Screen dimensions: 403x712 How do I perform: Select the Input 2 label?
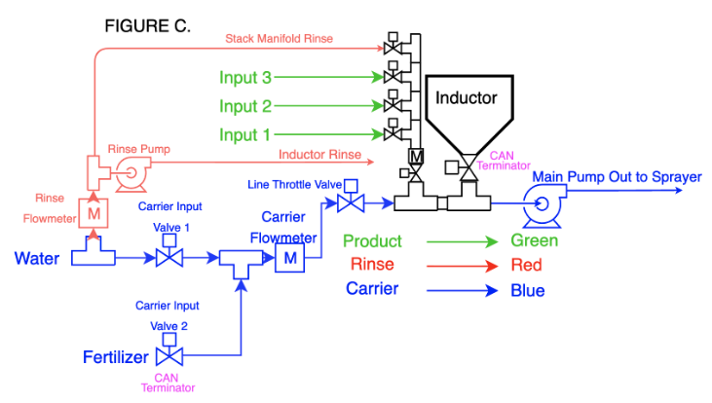click(x=244, y=106)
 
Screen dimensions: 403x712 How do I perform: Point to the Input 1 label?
click(x=244, y=134)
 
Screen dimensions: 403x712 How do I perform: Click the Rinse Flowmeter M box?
click(x=94, y=211)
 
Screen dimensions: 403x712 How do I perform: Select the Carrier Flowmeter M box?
click(x=290, y=258)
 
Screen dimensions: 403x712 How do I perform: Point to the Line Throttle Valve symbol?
click(x=349, y=201)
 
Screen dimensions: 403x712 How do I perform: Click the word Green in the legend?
click(x=535, y=240)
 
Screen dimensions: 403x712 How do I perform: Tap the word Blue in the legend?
click(x=528, y=290)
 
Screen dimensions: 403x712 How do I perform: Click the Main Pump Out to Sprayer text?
click(x=617, y=176)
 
